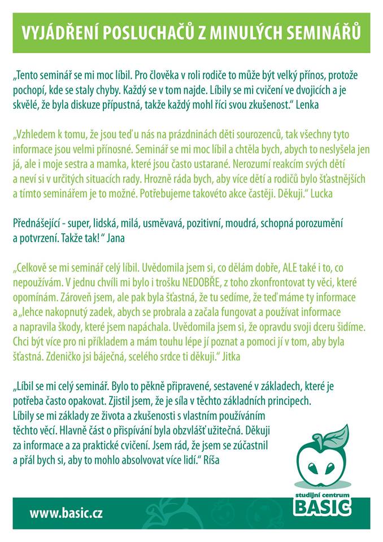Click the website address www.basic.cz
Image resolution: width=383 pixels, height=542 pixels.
pyautogui.click(x=66, y=514)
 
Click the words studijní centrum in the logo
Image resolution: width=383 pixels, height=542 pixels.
pyautogui.click(x=322, y=495)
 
